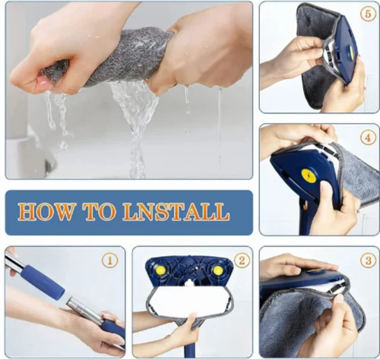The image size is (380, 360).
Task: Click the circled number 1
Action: point(110,261)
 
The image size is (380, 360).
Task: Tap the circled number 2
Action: point(242,261)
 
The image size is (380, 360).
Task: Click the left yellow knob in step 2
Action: point(160,270)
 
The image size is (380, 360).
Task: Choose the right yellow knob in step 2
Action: point(217,270)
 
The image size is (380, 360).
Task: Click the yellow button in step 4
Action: point(307,175)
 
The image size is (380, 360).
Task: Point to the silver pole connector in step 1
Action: point(84,308)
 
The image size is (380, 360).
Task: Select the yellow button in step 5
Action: point(352,52)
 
